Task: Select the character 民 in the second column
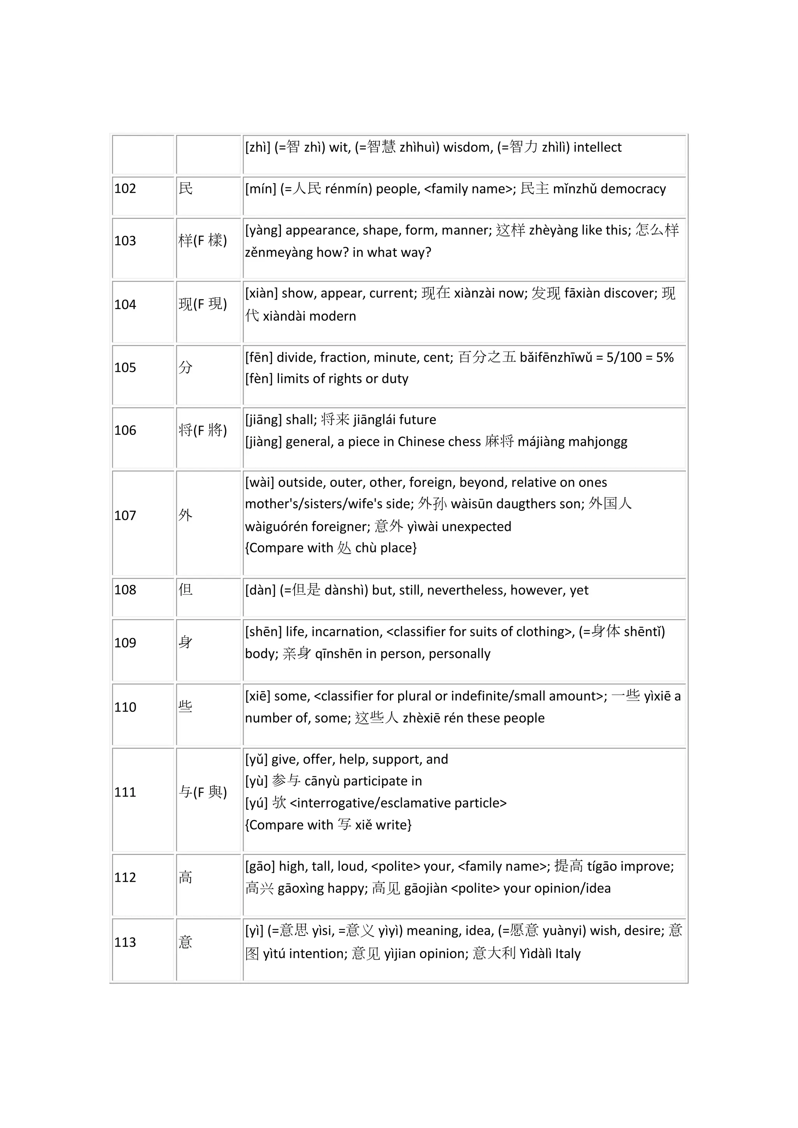coord(186,188)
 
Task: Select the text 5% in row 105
coord(664,358)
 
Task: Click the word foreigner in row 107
coord(339,527)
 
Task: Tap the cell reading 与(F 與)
coord(203,792)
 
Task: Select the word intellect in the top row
coord(597,147)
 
